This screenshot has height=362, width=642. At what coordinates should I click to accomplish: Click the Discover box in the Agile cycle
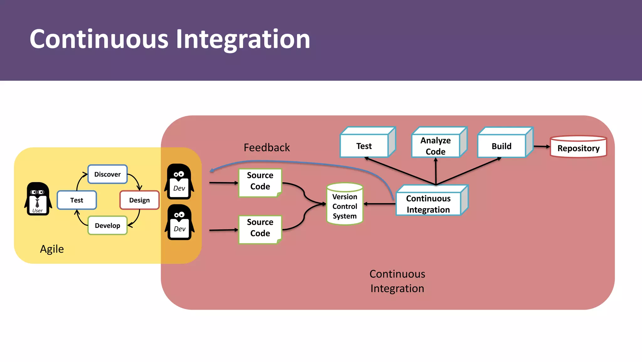click(108, 174)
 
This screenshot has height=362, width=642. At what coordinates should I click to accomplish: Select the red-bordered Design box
click(139, 200)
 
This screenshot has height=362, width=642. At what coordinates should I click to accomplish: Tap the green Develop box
click(108, 225)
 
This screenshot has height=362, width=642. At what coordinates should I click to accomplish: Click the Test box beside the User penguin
click(77, 200)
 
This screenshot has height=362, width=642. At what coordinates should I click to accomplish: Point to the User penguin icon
click(38, 199)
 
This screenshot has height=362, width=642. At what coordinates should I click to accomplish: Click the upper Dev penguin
click(179, 181)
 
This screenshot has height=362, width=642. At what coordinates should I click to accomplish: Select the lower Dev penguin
click(179, 222)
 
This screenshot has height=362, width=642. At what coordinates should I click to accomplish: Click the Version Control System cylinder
click(345, 204)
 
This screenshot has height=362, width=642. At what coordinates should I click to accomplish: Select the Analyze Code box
click(436, 145)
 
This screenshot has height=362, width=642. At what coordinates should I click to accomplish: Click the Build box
click(502, 146)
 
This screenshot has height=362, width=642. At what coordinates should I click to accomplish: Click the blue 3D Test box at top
click(364, 146)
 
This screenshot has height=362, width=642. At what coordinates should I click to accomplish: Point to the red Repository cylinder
click(578, 147)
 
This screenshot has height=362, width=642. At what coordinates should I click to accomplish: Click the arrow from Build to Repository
click(542, 146)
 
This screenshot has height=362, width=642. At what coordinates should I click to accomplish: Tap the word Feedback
click(267, 147)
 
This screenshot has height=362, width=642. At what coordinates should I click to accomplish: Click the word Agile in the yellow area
click(52, 249)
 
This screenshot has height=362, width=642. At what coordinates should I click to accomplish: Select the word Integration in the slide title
click(243, 39)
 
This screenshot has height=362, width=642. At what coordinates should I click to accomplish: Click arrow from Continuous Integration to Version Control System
click(380, 204)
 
